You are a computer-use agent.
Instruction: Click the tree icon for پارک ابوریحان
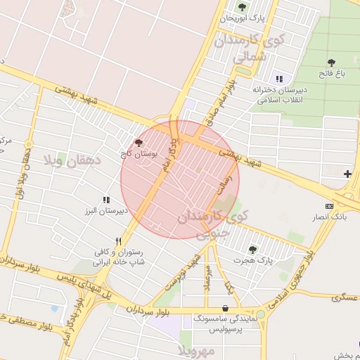tap(242, 8)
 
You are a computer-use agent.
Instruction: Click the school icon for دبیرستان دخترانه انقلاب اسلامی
tap(279, 79)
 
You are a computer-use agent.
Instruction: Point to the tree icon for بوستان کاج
tap(139, 142)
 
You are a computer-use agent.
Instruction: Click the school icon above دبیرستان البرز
tap(106, 200)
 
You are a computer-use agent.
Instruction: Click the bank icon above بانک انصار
tap(330, 206)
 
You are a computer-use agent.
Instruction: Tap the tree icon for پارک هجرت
tap(252, 250)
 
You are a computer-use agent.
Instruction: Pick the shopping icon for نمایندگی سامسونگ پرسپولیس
tap(224, 308)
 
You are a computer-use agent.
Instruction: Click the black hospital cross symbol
tap(347, 174)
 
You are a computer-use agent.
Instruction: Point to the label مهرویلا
tap(191, 350)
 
